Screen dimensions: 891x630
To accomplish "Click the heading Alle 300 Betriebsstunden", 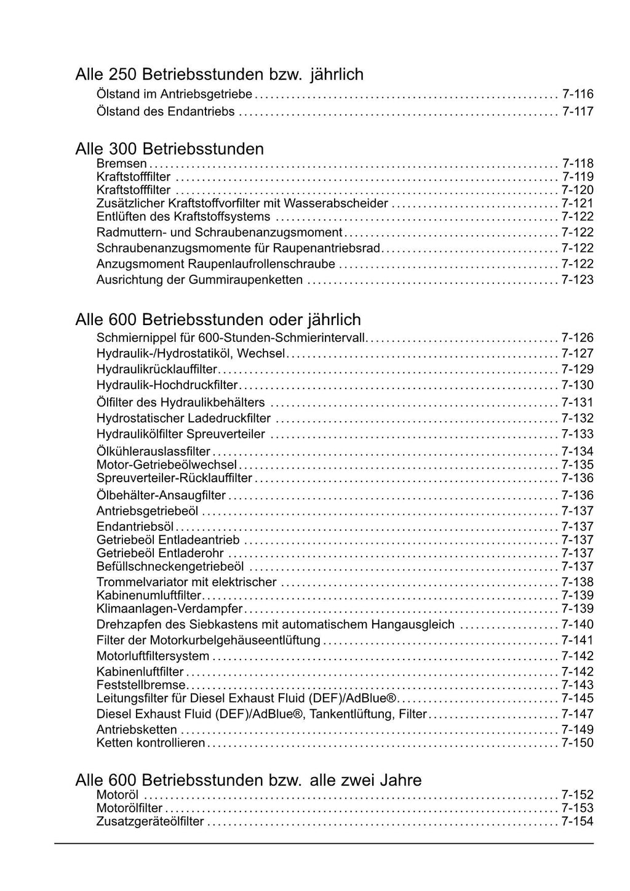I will pos(169,149).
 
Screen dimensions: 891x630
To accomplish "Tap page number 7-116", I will pos(578,94).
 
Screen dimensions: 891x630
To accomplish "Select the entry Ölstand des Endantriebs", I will pos(165,111).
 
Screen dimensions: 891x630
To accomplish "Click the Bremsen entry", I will pos(122,163).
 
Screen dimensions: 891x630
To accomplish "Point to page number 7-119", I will pos(578,177).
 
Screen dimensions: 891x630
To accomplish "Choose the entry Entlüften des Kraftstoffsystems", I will pos(183,217).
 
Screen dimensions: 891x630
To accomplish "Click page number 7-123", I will pos(578,280).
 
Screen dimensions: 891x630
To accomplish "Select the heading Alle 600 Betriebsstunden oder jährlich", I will pos(218,320).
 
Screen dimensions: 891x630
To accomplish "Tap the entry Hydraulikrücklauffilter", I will pos(157,369).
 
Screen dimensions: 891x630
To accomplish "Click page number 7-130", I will pos(578,385).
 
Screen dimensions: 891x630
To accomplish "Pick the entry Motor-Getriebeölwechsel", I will pos(167,465).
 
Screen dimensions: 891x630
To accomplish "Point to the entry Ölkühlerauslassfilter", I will pos(153,452).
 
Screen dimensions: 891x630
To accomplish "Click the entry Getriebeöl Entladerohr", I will pos(160,553).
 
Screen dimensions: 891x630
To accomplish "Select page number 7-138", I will pos(578,583).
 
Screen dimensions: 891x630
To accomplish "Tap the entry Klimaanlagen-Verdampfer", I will pos(170,609).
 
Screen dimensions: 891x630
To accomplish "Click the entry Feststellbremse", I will pos(141,685).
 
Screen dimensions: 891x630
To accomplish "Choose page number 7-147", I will pos(578,714).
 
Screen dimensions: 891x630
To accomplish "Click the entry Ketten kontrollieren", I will pos(151,743).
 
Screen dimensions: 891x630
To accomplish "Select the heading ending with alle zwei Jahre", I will pos(248,780).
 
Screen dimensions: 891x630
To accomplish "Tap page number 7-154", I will pos(578,822).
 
